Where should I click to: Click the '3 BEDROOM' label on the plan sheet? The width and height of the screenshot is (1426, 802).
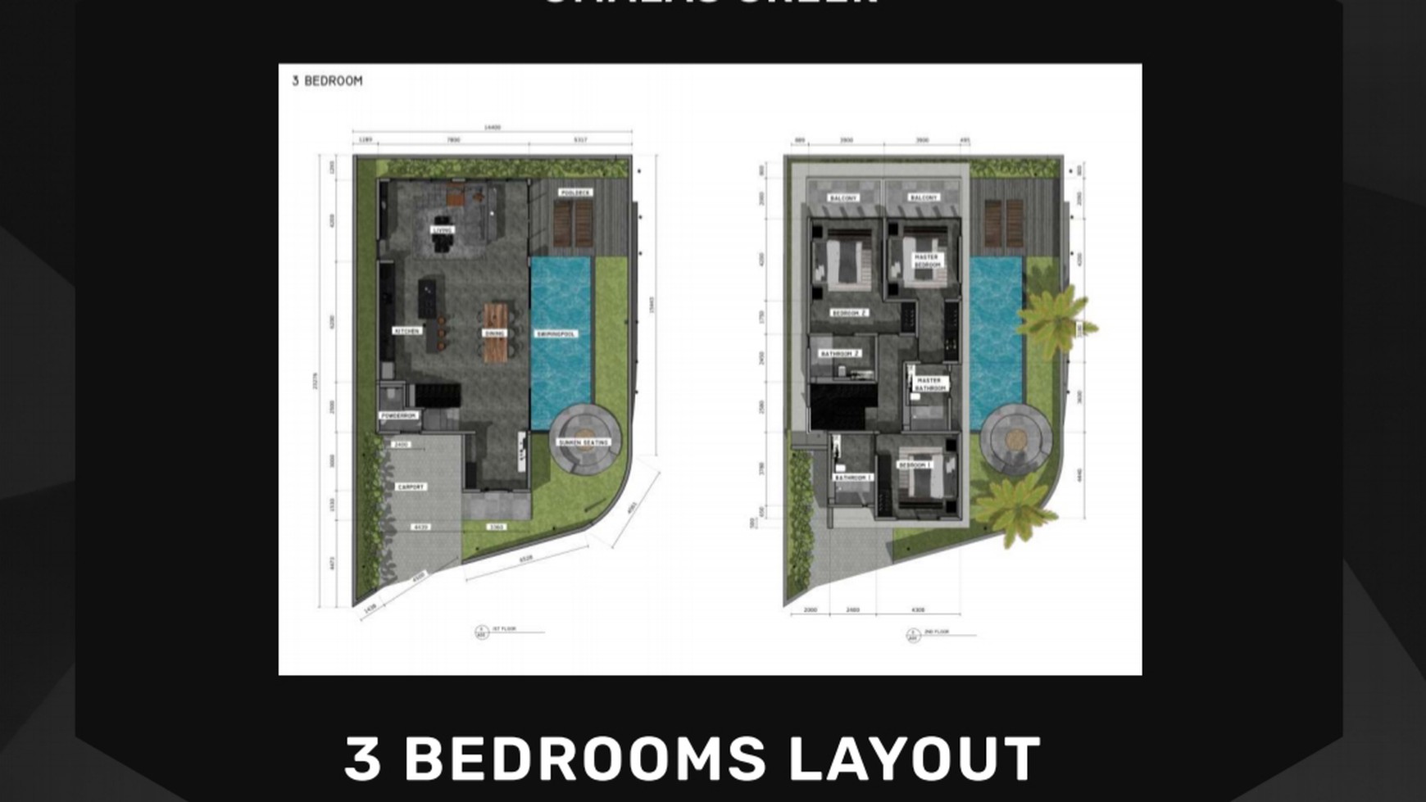[x=327, y=81]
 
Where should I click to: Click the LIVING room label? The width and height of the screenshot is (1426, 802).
[x=443, y=231]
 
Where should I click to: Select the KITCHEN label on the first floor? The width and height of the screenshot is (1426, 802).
[x=406, y=331]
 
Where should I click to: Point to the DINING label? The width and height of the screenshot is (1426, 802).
[x=494, y=333]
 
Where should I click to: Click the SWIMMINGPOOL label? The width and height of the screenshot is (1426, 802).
[x=556, y=334]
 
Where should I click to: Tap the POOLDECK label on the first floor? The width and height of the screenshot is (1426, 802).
[x=575, y=193]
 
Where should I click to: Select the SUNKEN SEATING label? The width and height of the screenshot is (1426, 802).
[x=584, y=442]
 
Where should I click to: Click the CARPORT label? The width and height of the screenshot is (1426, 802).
[x=411, y=487]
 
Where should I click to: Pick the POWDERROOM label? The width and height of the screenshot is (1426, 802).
[x=399, y=416]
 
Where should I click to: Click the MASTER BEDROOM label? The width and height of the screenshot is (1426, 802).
[x=927, y=261]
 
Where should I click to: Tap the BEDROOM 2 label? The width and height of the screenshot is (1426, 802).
[x=848, y=313]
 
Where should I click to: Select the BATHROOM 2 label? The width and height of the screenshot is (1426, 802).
[x=840, y=354]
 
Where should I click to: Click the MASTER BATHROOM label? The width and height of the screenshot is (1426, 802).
[x=929, y=383]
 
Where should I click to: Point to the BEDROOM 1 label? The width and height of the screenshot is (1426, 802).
[x=914, y=465]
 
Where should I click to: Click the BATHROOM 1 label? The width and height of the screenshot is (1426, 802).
[x=852, y=478]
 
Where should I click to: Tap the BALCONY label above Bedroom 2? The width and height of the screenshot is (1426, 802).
[x=843, y=198]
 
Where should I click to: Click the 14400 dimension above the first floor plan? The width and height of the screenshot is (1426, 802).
[x=492, y=128]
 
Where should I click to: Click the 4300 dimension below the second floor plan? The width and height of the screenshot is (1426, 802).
[x=918, y=609]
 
